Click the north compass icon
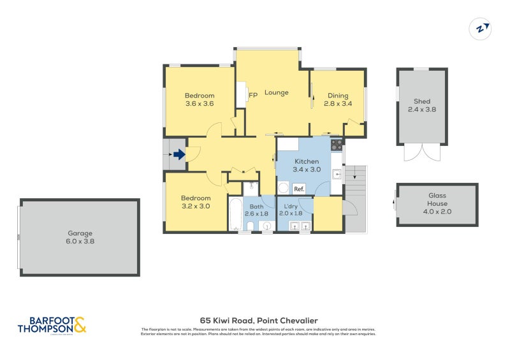tap(481, 29)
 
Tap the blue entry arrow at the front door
tap(178, 154)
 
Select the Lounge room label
tap(277, 92)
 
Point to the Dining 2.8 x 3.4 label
tap(338, 99)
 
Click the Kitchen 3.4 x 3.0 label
tap(306, 166)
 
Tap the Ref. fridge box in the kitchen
tap(299, 189)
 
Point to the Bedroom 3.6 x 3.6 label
tap(200, 99)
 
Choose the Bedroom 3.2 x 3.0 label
tap(196, 202)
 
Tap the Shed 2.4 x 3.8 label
tap(421, 105)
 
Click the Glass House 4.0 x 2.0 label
tap(437, 208)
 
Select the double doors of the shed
tap(421, 153)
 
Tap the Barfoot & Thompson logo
tap(52, 326)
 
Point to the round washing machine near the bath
tap(284, 189)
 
